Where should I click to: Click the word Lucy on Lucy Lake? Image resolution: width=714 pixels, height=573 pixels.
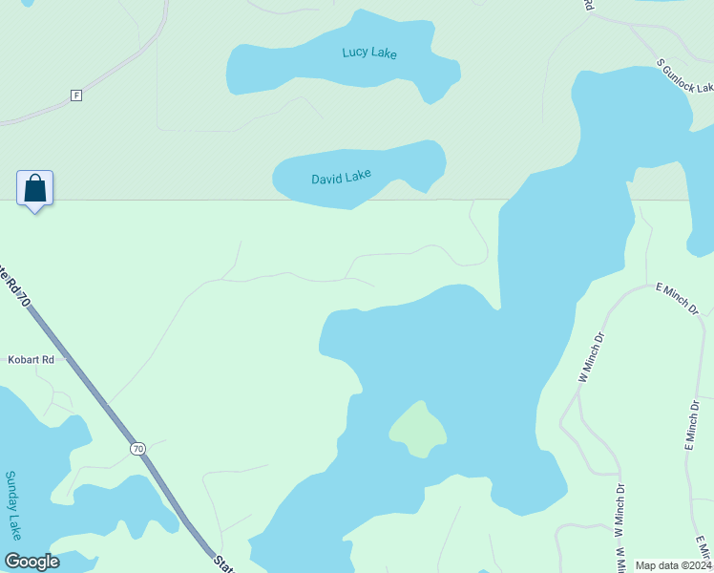tap(356, 53)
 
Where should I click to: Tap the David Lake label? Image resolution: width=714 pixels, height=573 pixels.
tap(341, 177)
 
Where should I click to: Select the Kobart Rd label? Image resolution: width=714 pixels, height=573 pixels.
tap(32, 359)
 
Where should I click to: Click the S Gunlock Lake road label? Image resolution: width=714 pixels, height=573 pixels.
tap(685, 79)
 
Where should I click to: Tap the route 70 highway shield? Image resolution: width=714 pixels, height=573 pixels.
tap(138, 448)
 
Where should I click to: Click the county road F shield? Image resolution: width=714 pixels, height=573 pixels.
tap(76, 95)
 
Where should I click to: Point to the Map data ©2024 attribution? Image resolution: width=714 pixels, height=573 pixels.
tap(673, 565)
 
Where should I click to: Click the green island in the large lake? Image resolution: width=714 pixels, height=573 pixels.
tap(418, 429)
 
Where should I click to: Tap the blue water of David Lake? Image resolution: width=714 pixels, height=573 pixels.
tap(401, 162)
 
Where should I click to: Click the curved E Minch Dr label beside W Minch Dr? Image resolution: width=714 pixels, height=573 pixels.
tap(677, 299)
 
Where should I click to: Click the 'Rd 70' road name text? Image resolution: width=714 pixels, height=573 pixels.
tap(14, 287)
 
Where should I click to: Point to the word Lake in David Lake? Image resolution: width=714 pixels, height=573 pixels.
tap(357, 175)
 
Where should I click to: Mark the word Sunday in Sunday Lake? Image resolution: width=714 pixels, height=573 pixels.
tap(14, 491)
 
